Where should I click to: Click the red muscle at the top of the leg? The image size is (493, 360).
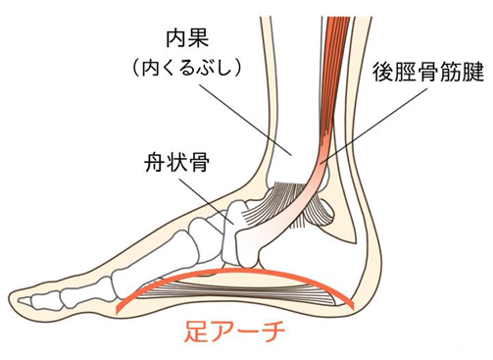337,39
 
